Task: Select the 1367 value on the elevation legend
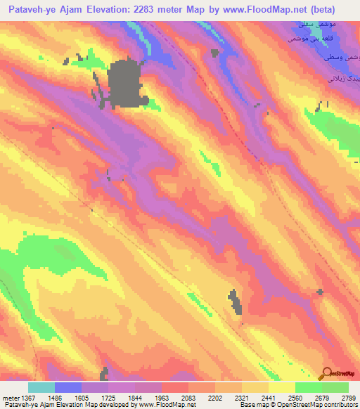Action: (25, 398)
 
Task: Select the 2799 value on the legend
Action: (349, 398)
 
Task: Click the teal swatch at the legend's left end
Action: (41, 387)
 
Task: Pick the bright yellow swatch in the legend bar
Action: (282, 387)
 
